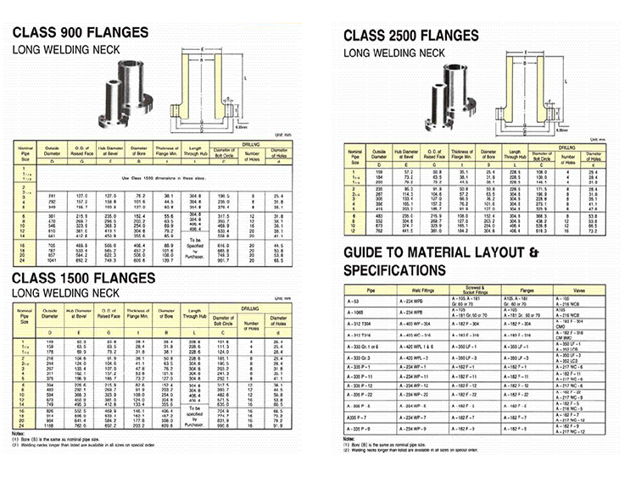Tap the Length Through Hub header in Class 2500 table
[516, 155]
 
